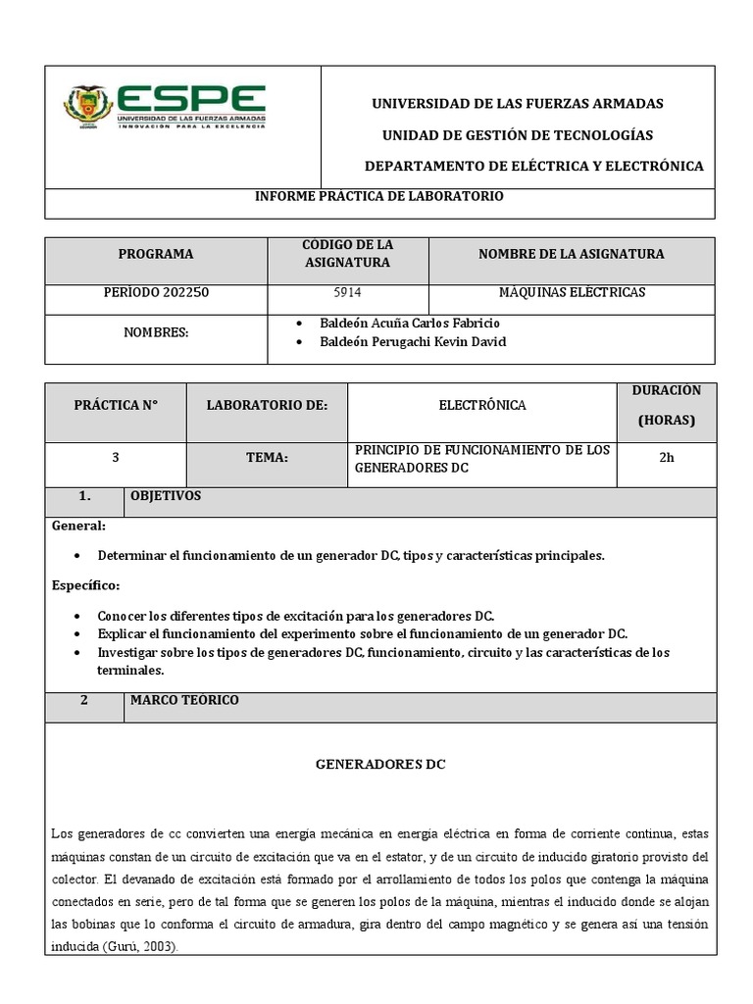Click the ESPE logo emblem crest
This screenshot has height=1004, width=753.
[x=87, y=107]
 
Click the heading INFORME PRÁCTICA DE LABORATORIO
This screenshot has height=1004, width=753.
[x=379, y=197]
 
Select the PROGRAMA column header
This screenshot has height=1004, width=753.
[x=156, y=254]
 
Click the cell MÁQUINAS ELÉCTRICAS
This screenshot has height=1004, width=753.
[x=572, y=293]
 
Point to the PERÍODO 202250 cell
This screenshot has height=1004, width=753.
[x=156, y=293]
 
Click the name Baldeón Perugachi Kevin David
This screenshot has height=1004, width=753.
[x=412, y=342]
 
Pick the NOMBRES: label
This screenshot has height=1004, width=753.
[x=156, y=333]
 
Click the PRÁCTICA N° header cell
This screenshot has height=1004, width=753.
[x=116, y=405]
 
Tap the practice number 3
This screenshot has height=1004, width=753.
[x=116, y=457]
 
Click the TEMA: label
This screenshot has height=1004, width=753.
[x=267, y=457]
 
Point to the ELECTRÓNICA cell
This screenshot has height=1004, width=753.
[x=481, y=405]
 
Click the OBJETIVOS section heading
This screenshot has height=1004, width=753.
[x=166, y=497]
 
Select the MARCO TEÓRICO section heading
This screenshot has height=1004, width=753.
[x=184, y=701]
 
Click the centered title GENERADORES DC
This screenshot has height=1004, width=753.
[x=379, y=765]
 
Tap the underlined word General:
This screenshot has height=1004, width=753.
[x=78, y=527]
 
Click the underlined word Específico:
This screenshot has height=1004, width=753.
[x=85, y=586]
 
